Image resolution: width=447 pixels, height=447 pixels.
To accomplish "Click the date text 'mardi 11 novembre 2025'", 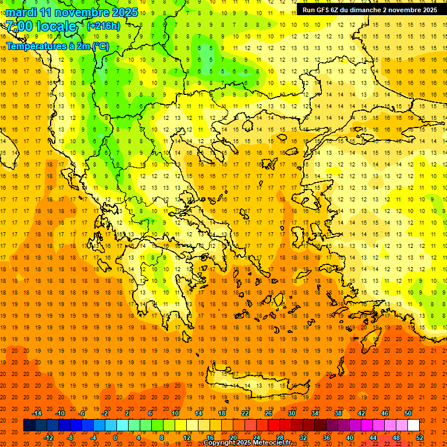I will pyautogui.click(x=72, y=12).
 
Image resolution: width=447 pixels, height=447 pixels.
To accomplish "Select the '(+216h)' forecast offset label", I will pyautogui.click(x=103, y=26).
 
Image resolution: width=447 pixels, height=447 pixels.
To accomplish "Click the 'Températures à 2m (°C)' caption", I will pyautogui.click(x=57, y=46).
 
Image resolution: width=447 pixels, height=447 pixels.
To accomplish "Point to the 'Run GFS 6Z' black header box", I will pyautogui.click(x=370, y=10).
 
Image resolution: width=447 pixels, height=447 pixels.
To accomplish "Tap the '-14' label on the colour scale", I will pyautogui.click(x=37, y=413).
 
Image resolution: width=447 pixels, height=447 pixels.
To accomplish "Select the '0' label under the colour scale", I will pyautogui.click(x=115, y=437).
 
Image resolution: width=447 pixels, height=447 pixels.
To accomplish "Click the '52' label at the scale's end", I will pyautogui.click(x=420, y=437).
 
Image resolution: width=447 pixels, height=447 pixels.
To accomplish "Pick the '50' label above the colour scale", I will pyautogui.click(x=408, y=413).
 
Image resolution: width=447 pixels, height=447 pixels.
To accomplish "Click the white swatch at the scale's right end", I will pyautogui.click(x=413, y=425).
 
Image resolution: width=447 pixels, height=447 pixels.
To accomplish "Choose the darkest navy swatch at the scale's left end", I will pyautogui.click(x=29, y=425).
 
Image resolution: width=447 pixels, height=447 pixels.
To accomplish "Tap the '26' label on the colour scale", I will pyautogui.click(x=268, y=413).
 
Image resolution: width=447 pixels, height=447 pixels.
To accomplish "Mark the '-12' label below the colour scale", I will pyautogui.click(x=48, y=437).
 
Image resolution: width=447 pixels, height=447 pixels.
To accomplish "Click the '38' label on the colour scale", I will pyautogui.click(x=338, y=413).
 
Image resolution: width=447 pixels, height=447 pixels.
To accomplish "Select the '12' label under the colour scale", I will pyautogui.click(x=187, y=437).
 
